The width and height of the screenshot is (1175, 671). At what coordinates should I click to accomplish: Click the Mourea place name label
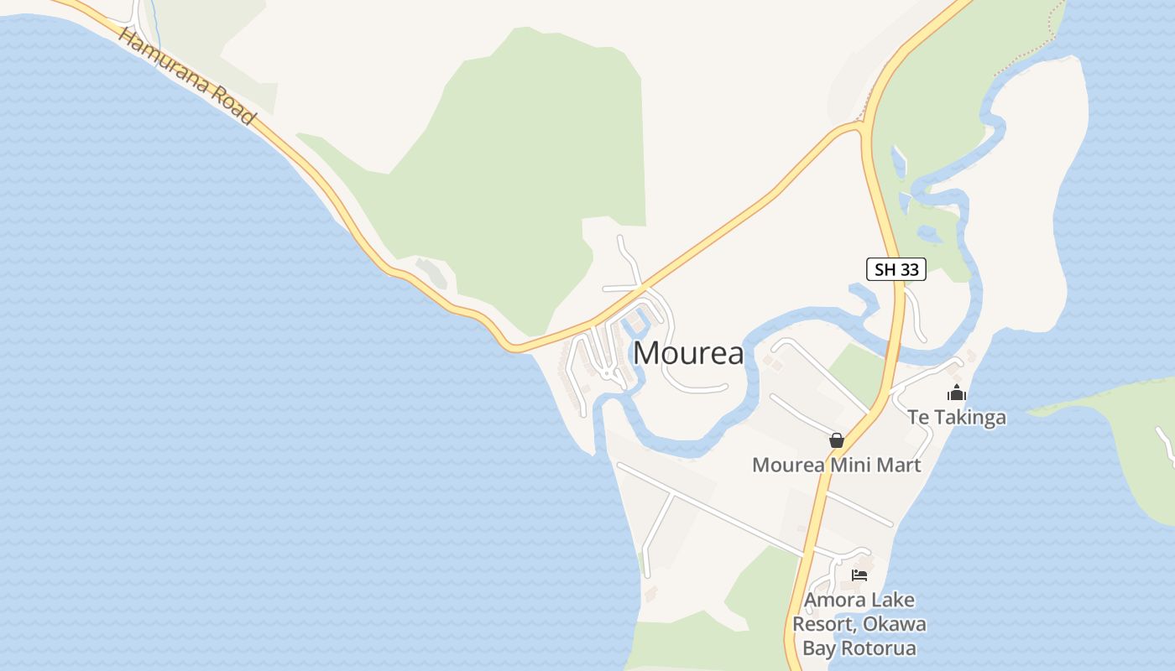(688, 353)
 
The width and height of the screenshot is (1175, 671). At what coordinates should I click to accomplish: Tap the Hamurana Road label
(186, 76)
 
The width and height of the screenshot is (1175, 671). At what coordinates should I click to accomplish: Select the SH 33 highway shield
(896, 269)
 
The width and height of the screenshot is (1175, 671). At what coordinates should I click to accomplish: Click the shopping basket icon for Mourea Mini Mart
(836, 440)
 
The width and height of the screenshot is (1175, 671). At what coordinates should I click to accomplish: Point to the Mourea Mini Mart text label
(836, 465)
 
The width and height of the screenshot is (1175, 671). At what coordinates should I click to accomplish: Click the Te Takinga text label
(956, 417)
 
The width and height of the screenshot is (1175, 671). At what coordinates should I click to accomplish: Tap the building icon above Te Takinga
(956, 393)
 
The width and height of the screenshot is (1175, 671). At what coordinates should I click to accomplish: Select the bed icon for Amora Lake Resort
(859, 575)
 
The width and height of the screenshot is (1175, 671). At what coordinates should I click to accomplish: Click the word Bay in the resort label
(818, 648)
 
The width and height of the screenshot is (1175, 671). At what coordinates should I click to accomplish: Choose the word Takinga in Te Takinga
(969, 417)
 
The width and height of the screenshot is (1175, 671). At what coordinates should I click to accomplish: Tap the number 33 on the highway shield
(908, 269)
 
